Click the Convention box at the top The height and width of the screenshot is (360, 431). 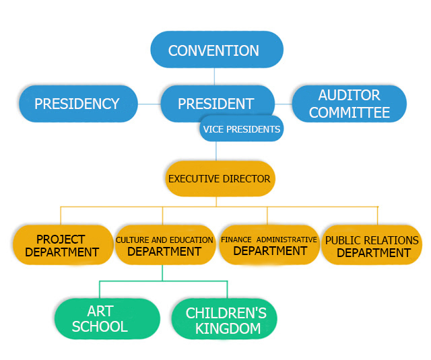click(x=215, y=50)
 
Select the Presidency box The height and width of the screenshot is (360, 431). click(x=77, y=104)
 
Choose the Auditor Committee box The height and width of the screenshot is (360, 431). click(x=349, y=104)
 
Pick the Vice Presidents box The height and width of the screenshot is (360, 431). click(x=240, y=129)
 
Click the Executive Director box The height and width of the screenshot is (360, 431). click(x=220, y=178)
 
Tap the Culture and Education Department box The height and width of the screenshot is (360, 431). click(x=164, y=246)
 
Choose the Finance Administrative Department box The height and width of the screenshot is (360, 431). click(x=269, y=245)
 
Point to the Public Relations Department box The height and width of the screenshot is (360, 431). click(x=372, y=246)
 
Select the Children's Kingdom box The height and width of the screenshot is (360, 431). click(x=225, y=320)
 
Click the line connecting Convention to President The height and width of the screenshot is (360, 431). click(x=215, y=76)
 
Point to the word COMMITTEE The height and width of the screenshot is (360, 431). click(x=349, y=112)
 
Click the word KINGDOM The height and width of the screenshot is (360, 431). click(x=226, y=329)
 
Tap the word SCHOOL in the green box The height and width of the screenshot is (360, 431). click(x=100, y=327)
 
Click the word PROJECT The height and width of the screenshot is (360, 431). click(x=61, y=239)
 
